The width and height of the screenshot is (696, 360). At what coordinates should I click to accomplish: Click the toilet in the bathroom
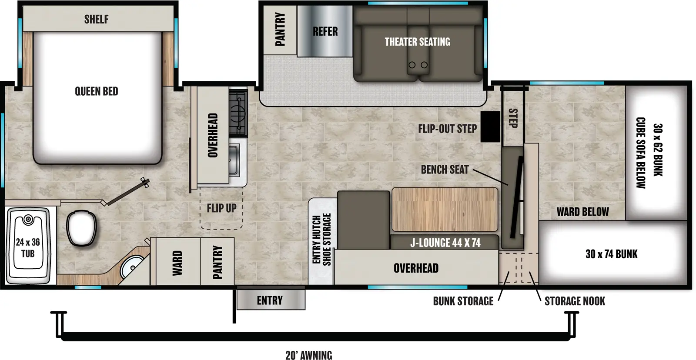coord(81,228)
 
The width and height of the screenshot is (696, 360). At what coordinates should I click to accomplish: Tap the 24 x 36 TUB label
coord(28,248)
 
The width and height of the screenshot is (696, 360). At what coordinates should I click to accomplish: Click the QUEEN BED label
coord(97,91)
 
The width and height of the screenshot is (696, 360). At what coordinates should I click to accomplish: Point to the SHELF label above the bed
coord(97,19)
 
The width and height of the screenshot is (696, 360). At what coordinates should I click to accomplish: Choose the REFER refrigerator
coord(325,31)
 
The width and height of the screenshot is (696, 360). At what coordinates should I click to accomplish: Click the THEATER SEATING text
coord(417,42)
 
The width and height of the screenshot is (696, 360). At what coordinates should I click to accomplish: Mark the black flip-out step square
coord(490,127)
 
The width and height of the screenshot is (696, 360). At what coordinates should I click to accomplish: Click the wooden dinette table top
coord(445,209)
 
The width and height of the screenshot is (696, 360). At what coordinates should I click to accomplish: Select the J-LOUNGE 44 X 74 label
coord(445,243)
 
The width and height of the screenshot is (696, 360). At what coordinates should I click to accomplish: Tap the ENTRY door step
coord(270,300)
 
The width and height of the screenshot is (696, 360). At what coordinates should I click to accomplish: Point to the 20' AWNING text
coord(309,355)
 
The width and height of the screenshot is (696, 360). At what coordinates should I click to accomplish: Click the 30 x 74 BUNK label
coord(611,254)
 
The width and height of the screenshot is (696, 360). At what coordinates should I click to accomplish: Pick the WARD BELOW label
coord(582,212)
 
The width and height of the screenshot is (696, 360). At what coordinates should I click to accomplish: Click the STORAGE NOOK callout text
coord(575,301)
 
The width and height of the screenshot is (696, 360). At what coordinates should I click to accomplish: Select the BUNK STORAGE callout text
coord(463,301)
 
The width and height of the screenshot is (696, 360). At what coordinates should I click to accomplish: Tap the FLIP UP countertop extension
coord(221,208)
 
